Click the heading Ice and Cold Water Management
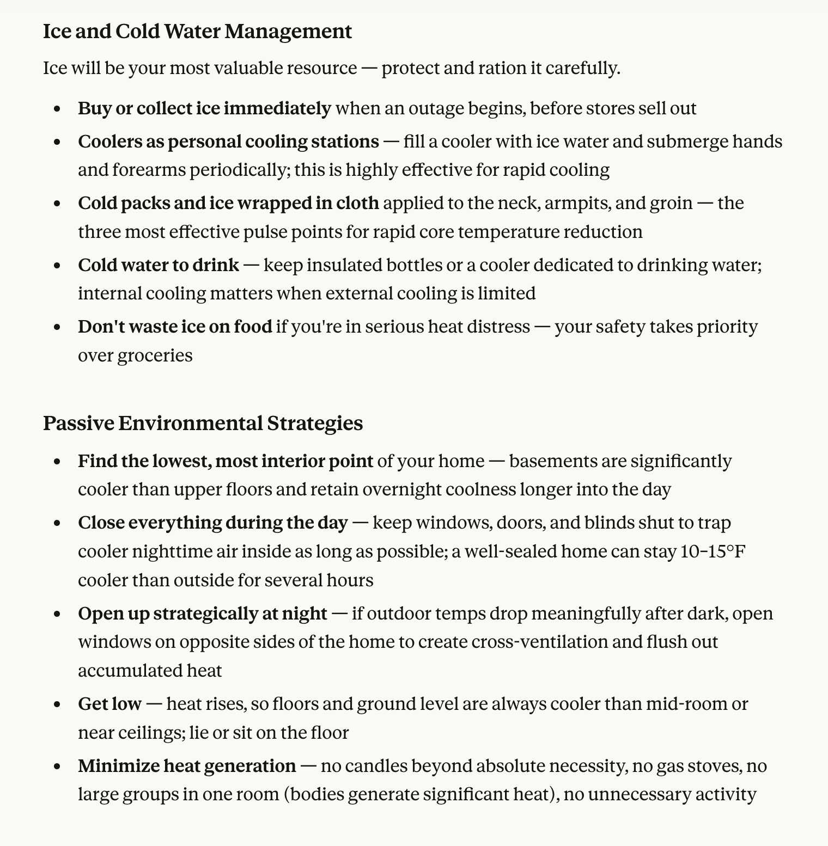pos(197,32)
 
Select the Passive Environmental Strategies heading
pos(203,423)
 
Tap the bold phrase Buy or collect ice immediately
pos(204,108)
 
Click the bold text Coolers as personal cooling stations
pos(228,142)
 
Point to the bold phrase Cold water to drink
pos(159,265)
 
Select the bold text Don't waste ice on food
pos(175,327)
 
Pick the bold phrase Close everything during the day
pos(212,523)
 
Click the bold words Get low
pos(109,704)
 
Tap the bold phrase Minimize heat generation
pos(187,766)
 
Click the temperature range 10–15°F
pos(713,551)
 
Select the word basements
pos(552,461)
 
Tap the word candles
pos(376,766)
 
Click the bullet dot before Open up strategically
pos(57,614)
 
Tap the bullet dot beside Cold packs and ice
pos(57,204)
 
